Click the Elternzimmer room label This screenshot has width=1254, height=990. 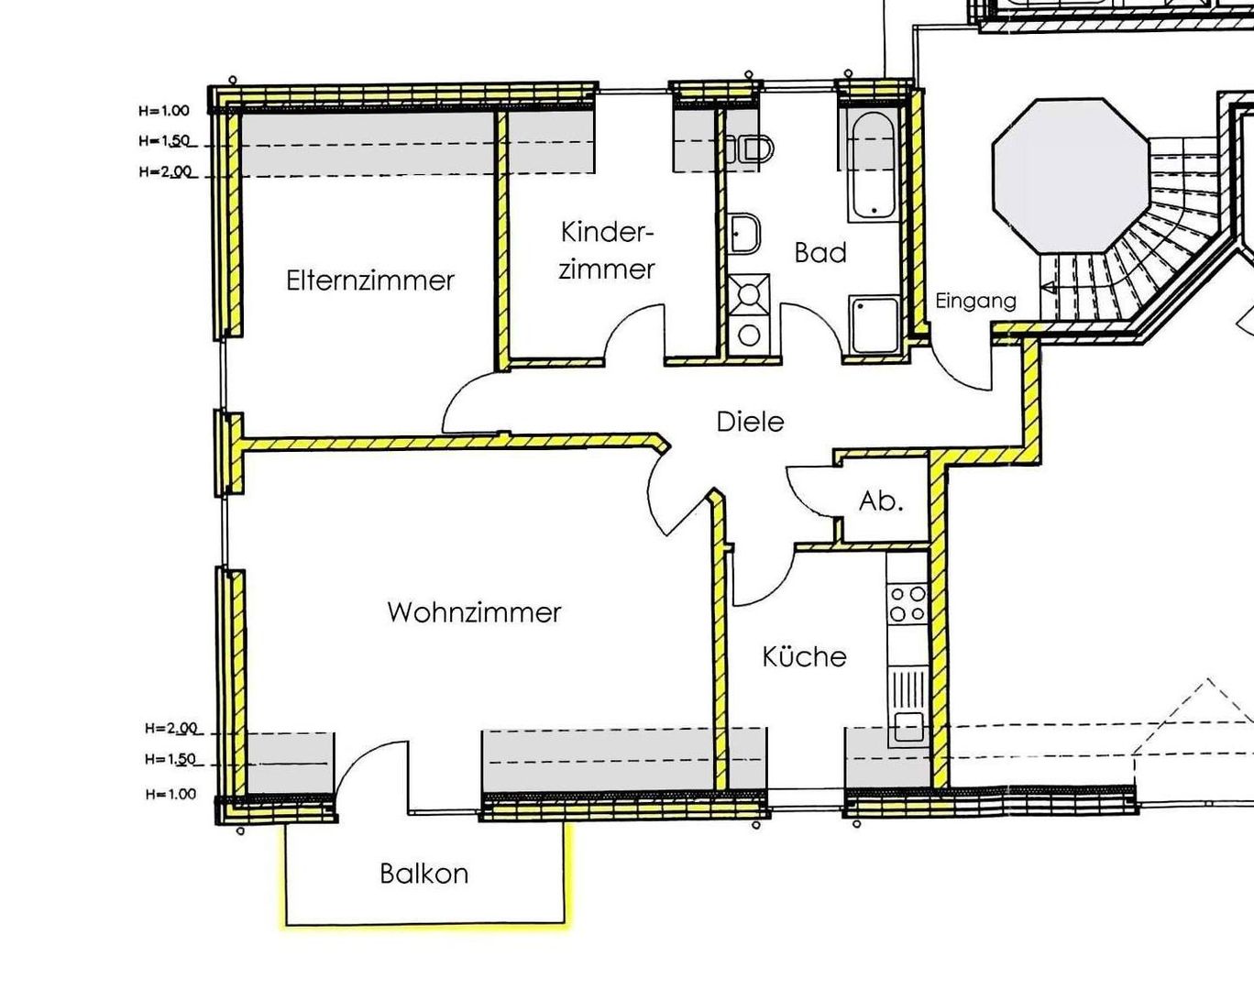(x=370, y=280)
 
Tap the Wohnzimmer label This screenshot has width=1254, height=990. (x=474, y=612)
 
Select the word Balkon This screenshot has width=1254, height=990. (x=424, y=874)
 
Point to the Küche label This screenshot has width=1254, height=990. (x=804, y=656)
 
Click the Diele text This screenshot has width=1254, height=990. (x=750, y=422)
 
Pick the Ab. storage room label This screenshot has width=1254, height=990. (x=881, y=501)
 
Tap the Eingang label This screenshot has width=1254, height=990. (x=975, y=302)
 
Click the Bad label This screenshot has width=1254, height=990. (x=820, y=252)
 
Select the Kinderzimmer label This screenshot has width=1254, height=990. (x=607, y=250)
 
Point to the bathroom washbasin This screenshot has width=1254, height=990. (x=744, y=233)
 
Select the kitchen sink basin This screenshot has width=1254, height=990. (x=907, y=726)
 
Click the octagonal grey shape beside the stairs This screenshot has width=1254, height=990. (x=1071, y=175)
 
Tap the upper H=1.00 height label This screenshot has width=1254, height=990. (x=164, y=111)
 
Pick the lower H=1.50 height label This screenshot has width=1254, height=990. (x=170, y=759)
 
